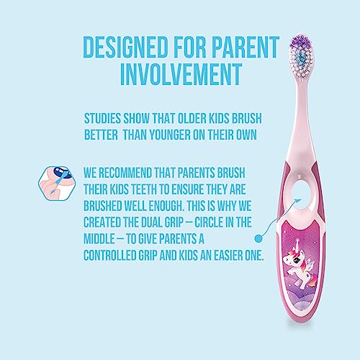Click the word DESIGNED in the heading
(125, 47)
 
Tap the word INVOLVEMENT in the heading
(181, 74)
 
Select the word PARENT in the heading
(245, 47)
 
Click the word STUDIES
(102, 118)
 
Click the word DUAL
(152, 222)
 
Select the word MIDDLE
(99, 239)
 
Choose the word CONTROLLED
(109, 256)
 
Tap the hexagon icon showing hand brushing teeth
(57, 183)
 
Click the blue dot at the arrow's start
(258, 238)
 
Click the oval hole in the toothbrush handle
(301, 194)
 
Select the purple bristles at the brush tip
(301, 42)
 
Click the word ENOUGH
(166, 206)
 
